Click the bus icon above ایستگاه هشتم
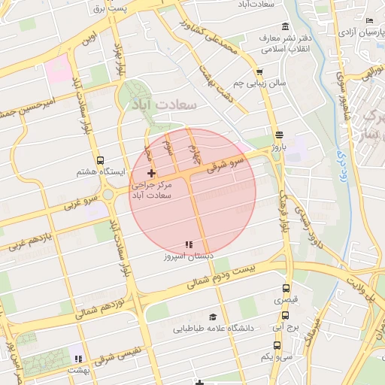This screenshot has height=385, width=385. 101,159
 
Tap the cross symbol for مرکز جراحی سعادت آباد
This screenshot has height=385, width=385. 151,174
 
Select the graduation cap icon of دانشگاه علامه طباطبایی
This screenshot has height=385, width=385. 213,317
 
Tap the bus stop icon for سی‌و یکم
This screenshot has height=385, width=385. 277,345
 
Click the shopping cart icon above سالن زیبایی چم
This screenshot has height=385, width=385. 259,71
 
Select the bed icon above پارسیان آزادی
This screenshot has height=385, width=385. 368,21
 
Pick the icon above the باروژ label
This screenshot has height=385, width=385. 279,135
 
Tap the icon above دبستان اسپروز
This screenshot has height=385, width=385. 189,244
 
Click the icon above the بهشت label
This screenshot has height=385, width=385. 77,358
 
